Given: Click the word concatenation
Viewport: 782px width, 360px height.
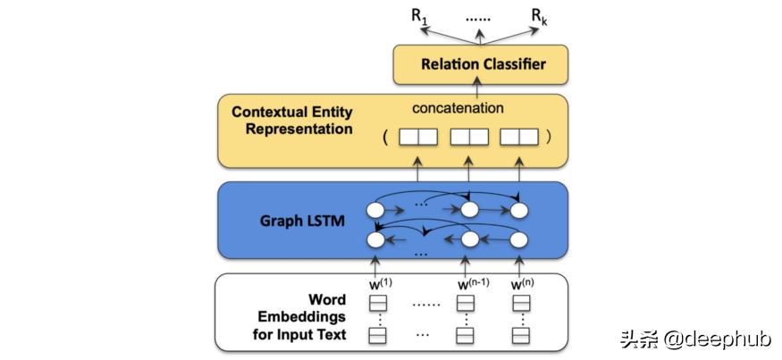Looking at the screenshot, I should point(458,108).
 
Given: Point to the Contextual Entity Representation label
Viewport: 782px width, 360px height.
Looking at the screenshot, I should point(291,121).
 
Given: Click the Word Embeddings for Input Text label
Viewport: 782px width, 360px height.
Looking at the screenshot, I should point(299,316).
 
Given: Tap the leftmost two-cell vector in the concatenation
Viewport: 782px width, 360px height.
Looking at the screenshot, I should point(417,138).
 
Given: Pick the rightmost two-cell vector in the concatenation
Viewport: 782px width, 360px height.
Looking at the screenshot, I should point(519,138).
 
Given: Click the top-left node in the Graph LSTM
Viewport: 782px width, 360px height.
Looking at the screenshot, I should point(376,211).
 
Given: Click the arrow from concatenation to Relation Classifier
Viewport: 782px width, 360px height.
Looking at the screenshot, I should point(478,87).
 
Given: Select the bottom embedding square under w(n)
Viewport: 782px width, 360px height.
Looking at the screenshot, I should point(520,336).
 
